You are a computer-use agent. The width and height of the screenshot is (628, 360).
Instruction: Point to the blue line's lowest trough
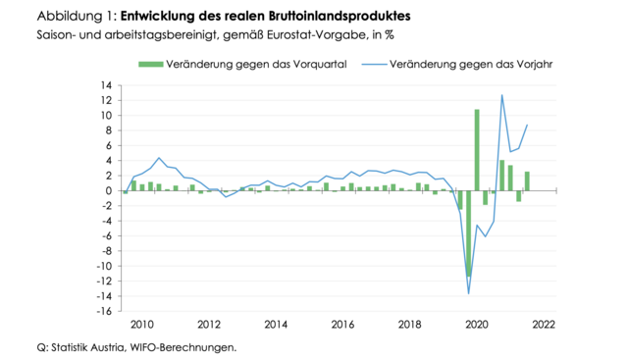coord(468,292)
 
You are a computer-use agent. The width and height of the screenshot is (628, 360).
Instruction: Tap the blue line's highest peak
coord(501,95)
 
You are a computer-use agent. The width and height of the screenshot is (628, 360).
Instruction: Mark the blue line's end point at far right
coord(527,125)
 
